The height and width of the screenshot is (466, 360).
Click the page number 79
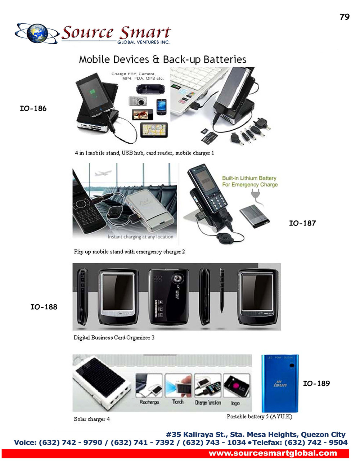click(344, 17)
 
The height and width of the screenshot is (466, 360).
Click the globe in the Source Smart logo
click(37, 33)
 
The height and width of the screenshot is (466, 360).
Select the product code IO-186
click(33, 108)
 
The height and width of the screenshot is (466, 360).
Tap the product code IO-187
click(302, 223)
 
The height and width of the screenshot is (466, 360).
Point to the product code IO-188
click(44, 307)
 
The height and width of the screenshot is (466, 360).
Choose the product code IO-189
click(316, 384)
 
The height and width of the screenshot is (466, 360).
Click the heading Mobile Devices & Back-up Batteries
click(163, 59)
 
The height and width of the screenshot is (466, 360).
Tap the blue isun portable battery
click(280, 383)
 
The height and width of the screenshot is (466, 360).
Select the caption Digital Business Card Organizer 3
click(114, 338)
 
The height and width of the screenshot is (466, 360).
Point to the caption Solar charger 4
click(92, 419)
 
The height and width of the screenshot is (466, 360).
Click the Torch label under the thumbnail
click(178, 402)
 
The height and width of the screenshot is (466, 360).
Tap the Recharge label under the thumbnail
click(149, 402)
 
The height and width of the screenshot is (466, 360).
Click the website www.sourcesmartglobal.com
click(273, 453)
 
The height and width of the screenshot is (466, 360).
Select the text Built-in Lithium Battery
click(249, 178)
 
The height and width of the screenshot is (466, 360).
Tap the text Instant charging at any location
click(140, 237)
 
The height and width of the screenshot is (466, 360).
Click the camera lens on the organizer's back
click(177, 278)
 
